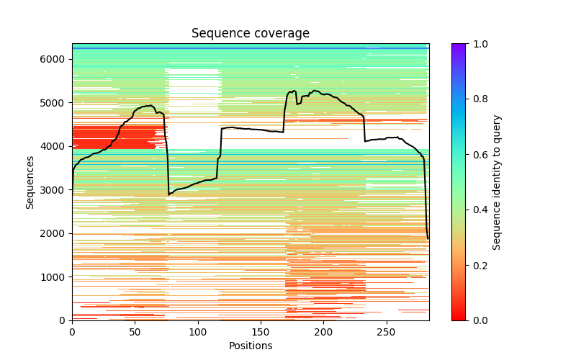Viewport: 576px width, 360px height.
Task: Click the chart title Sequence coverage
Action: point(250,34)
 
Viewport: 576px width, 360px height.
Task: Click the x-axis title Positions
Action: point(250,346)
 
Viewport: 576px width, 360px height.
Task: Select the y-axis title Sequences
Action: point(30,182)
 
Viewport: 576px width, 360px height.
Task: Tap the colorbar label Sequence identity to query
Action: point(497,182)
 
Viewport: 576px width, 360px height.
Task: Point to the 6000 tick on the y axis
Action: point(56,59)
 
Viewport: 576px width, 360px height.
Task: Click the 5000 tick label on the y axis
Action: point(56,102)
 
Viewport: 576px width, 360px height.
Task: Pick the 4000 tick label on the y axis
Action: point(56,146)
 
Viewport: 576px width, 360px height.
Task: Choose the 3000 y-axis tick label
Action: point(56,189)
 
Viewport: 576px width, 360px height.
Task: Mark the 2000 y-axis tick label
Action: point(56,233)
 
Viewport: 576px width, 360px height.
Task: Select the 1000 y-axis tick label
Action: point(56,276)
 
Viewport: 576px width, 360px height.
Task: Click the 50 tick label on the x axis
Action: point(135,331)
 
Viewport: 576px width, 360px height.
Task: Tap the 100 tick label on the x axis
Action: point(198,331)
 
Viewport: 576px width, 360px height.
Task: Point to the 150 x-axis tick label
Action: point(261,331)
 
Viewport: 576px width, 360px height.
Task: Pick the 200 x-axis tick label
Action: point(324,331)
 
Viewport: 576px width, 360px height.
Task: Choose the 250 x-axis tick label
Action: point(387,331)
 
